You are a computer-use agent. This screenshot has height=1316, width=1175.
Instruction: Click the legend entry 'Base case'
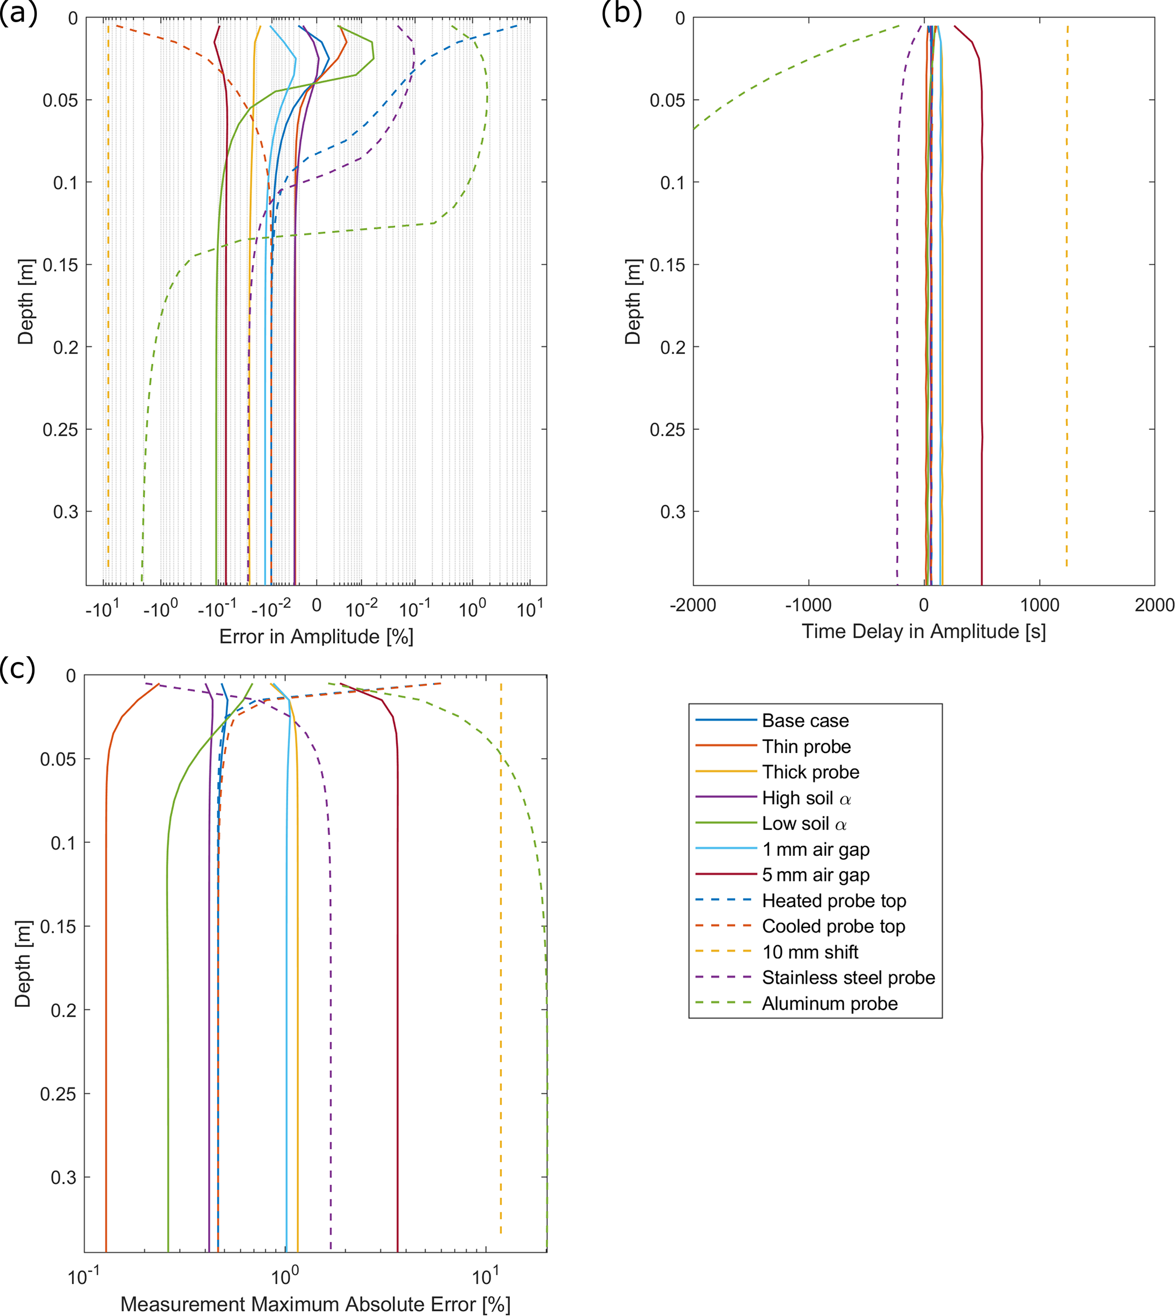pyautogui.click(x=805, y=721)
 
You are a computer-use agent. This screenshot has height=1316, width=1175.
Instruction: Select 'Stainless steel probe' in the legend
pyautogui.click(x=848, y=978)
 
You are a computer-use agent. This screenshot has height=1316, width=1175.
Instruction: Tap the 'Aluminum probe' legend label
pyautogui.click(x=829, y=1003)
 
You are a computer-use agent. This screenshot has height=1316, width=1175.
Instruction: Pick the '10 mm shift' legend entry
pyautogui.click(x=810, y=952)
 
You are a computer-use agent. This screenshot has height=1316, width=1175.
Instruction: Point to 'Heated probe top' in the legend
pyautogui.click(x=834, y=901)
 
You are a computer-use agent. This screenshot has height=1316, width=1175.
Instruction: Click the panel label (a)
pyautogui.click(x=18, y=13)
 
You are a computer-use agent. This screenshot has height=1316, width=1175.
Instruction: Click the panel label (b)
pyautogui.click(x=621, y=13)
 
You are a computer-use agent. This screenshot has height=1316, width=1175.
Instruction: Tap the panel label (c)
pyautogui.click(x=18, y=669)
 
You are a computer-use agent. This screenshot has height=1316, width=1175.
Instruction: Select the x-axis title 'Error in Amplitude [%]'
pyautogui.click(x=316, y=637)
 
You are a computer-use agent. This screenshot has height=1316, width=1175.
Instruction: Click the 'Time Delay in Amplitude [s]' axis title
pyautogui.click(x=924, y=631)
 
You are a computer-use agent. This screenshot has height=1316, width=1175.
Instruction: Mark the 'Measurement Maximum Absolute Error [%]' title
pyautogui.click(x=315, y=1303)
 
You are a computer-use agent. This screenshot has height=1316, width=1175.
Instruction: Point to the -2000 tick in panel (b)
pyautogui.click(x=693, y=605)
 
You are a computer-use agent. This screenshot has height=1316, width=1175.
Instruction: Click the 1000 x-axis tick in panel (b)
pyautogui.click(x=1039, y=605)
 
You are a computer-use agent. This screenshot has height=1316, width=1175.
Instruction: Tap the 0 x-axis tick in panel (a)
pyautogui.click(x=316, y=605)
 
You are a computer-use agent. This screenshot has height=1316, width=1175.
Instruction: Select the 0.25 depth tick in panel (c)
pyautogui.click(x=58, y=1094)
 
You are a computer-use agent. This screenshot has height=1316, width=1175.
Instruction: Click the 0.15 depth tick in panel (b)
pyautogui.click(x=667, y=265)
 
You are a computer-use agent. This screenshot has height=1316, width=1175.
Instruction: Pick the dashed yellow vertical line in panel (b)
pyautogui.click(x=1066, y=323)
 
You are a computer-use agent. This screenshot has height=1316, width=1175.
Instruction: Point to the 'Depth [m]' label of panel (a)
pyautogui.click(x=25, y=301)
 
